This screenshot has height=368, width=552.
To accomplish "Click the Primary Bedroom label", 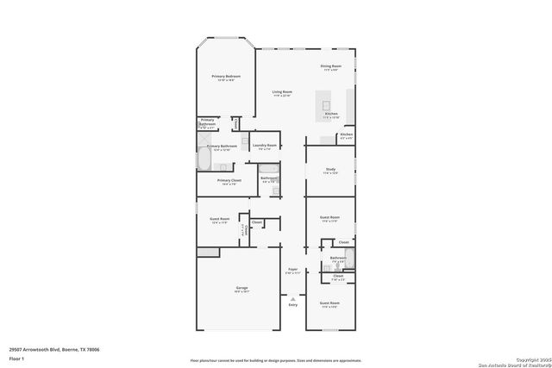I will (226, 77).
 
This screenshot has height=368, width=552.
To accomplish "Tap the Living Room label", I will (282, 92).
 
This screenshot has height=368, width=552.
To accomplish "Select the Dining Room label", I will (332, 66).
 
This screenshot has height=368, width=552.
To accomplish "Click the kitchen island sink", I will (328, 97).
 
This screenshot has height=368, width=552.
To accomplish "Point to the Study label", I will (330, 170).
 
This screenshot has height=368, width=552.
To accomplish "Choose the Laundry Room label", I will (265, 146).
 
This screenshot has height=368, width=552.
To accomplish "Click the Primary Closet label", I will (229, 181).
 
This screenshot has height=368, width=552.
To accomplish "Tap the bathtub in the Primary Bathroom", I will (203, 159).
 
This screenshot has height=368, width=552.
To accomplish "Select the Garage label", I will (241, 288).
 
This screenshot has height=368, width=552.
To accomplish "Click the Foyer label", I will (292, 270).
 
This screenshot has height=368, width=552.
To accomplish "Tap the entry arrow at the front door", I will (292, 298).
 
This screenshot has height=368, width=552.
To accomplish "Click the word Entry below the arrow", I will (292, 305).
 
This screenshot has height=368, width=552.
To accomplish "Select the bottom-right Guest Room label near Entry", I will (329, 303).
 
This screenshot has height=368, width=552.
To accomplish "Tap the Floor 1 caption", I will (16, 358).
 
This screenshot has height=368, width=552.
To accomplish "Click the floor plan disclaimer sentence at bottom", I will (276, 360).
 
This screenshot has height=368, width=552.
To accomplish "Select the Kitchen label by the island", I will (331, 114).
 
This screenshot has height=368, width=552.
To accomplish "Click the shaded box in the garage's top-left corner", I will (208, 252).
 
